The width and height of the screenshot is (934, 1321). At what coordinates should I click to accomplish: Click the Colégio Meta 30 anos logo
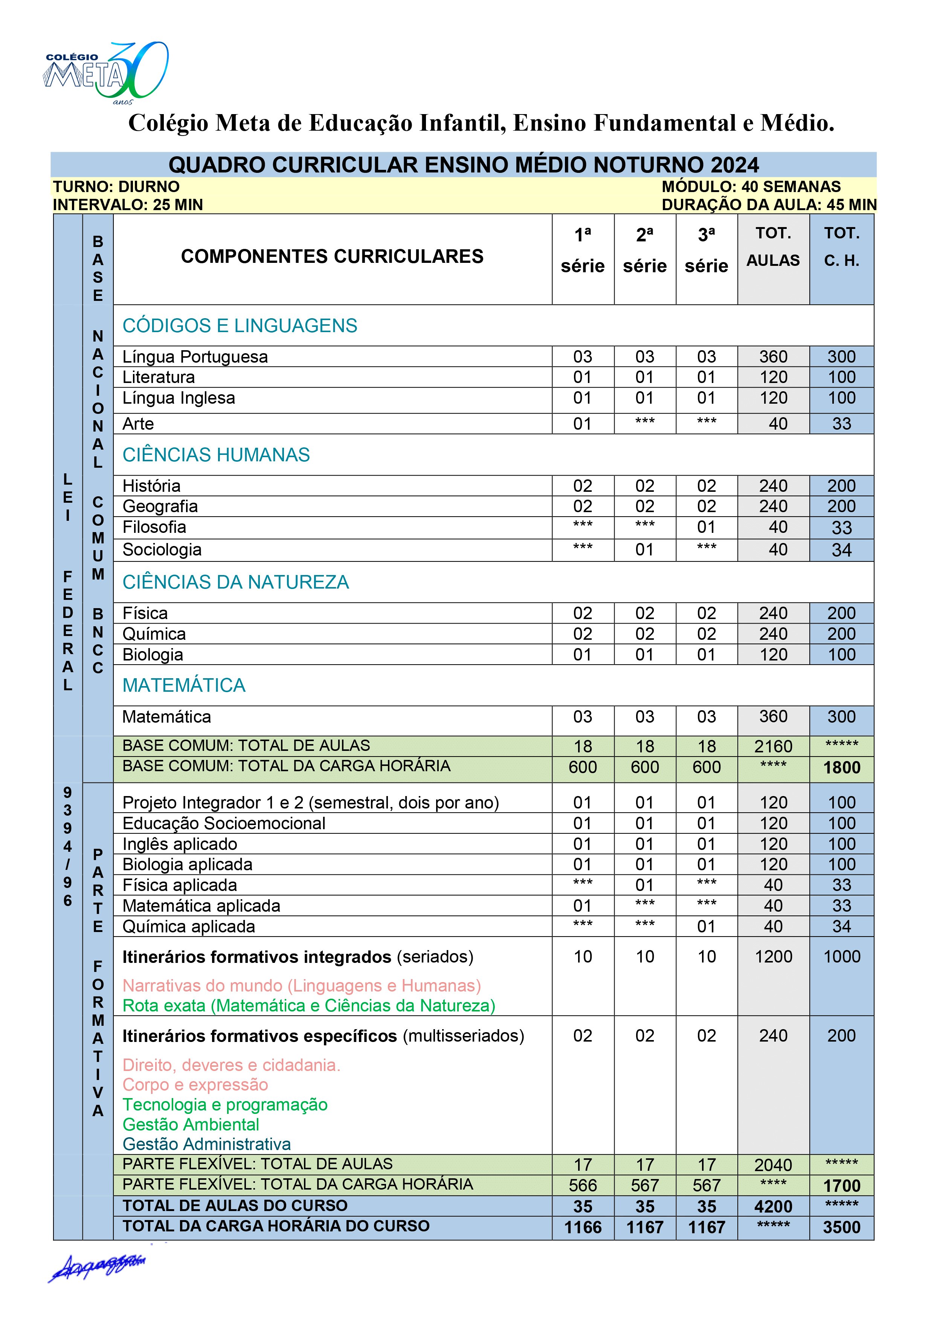pyautogui.click(x=107, y=73)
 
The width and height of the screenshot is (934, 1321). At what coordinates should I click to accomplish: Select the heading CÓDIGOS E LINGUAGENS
pyautogui.click(x=240, y=326)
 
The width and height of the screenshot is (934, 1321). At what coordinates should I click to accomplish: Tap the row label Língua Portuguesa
pyautogui.click(x=195, y=357)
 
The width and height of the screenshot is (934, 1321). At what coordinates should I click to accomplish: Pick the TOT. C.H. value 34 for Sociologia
pyautogui.click(x=841, y=550)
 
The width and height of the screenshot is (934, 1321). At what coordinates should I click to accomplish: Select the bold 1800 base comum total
pyautogui.click(x=841, y=767)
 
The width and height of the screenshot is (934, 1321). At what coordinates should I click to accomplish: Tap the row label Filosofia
pyautogui.click(x=154, y=527)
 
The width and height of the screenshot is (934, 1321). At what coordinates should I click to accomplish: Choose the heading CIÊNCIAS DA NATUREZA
pyautogui.click(x=235, y=582)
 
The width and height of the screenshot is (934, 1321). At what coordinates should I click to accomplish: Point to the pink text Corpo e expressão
pyautogui.click(x=195, y=1085)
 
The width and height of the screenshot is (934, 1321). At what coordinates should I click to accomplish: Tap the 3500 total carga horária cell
pyautogui.click(x=841, y=1227)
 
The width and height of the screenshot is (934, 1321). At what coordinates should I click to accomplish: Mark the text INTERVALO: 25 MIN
pyautogui.click(x=128, y=205)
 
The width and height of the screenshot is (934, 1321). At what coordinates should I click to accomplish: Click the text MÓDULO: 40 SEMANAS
pyautogui.click(x=751, y=186)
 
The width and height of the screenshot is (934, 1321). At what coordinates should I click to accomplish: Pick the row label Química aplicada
pyautogui.click(x=189, y=926)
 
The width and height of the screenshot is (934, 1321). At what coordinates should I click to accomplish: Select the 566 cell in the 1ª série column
pyautogui.click(x=582, y=1186)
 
